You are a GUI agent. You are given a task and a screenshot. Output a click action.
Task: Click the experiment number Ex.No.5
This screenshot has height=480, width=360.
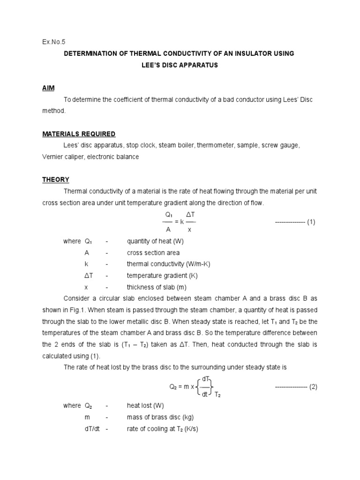54,41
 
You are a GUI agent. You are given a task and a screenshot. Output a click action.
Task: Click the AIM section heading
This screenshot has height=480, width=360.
49,88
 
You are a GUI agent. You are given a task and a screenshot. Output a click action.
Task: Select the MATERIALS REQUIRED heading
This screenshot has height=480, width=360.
79,134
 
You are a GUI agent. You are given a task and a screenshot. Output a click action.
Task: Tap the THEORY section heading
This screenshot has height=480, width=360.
56,180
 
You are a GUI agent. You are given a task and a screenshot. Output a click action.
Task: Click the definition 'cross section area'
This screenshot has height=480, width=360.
153,253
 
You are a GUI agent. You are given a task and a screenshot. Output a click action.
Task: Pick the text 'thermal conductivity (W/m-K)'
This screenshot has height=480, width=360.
168,264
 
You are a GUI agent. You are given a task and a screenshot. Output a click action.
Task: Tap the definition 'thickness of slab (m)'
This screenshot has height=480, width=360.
157,287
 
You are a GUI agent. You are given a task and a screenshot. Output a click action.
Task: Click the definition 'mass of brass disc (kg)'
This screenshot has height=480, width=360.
160,417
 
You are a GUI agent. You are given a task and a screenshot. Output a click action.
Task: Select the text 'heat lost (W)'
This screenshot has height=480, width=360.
145,405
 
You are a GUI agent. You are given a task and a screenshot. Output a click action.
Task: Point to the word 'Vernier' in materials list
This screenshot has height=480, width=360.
53,157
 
